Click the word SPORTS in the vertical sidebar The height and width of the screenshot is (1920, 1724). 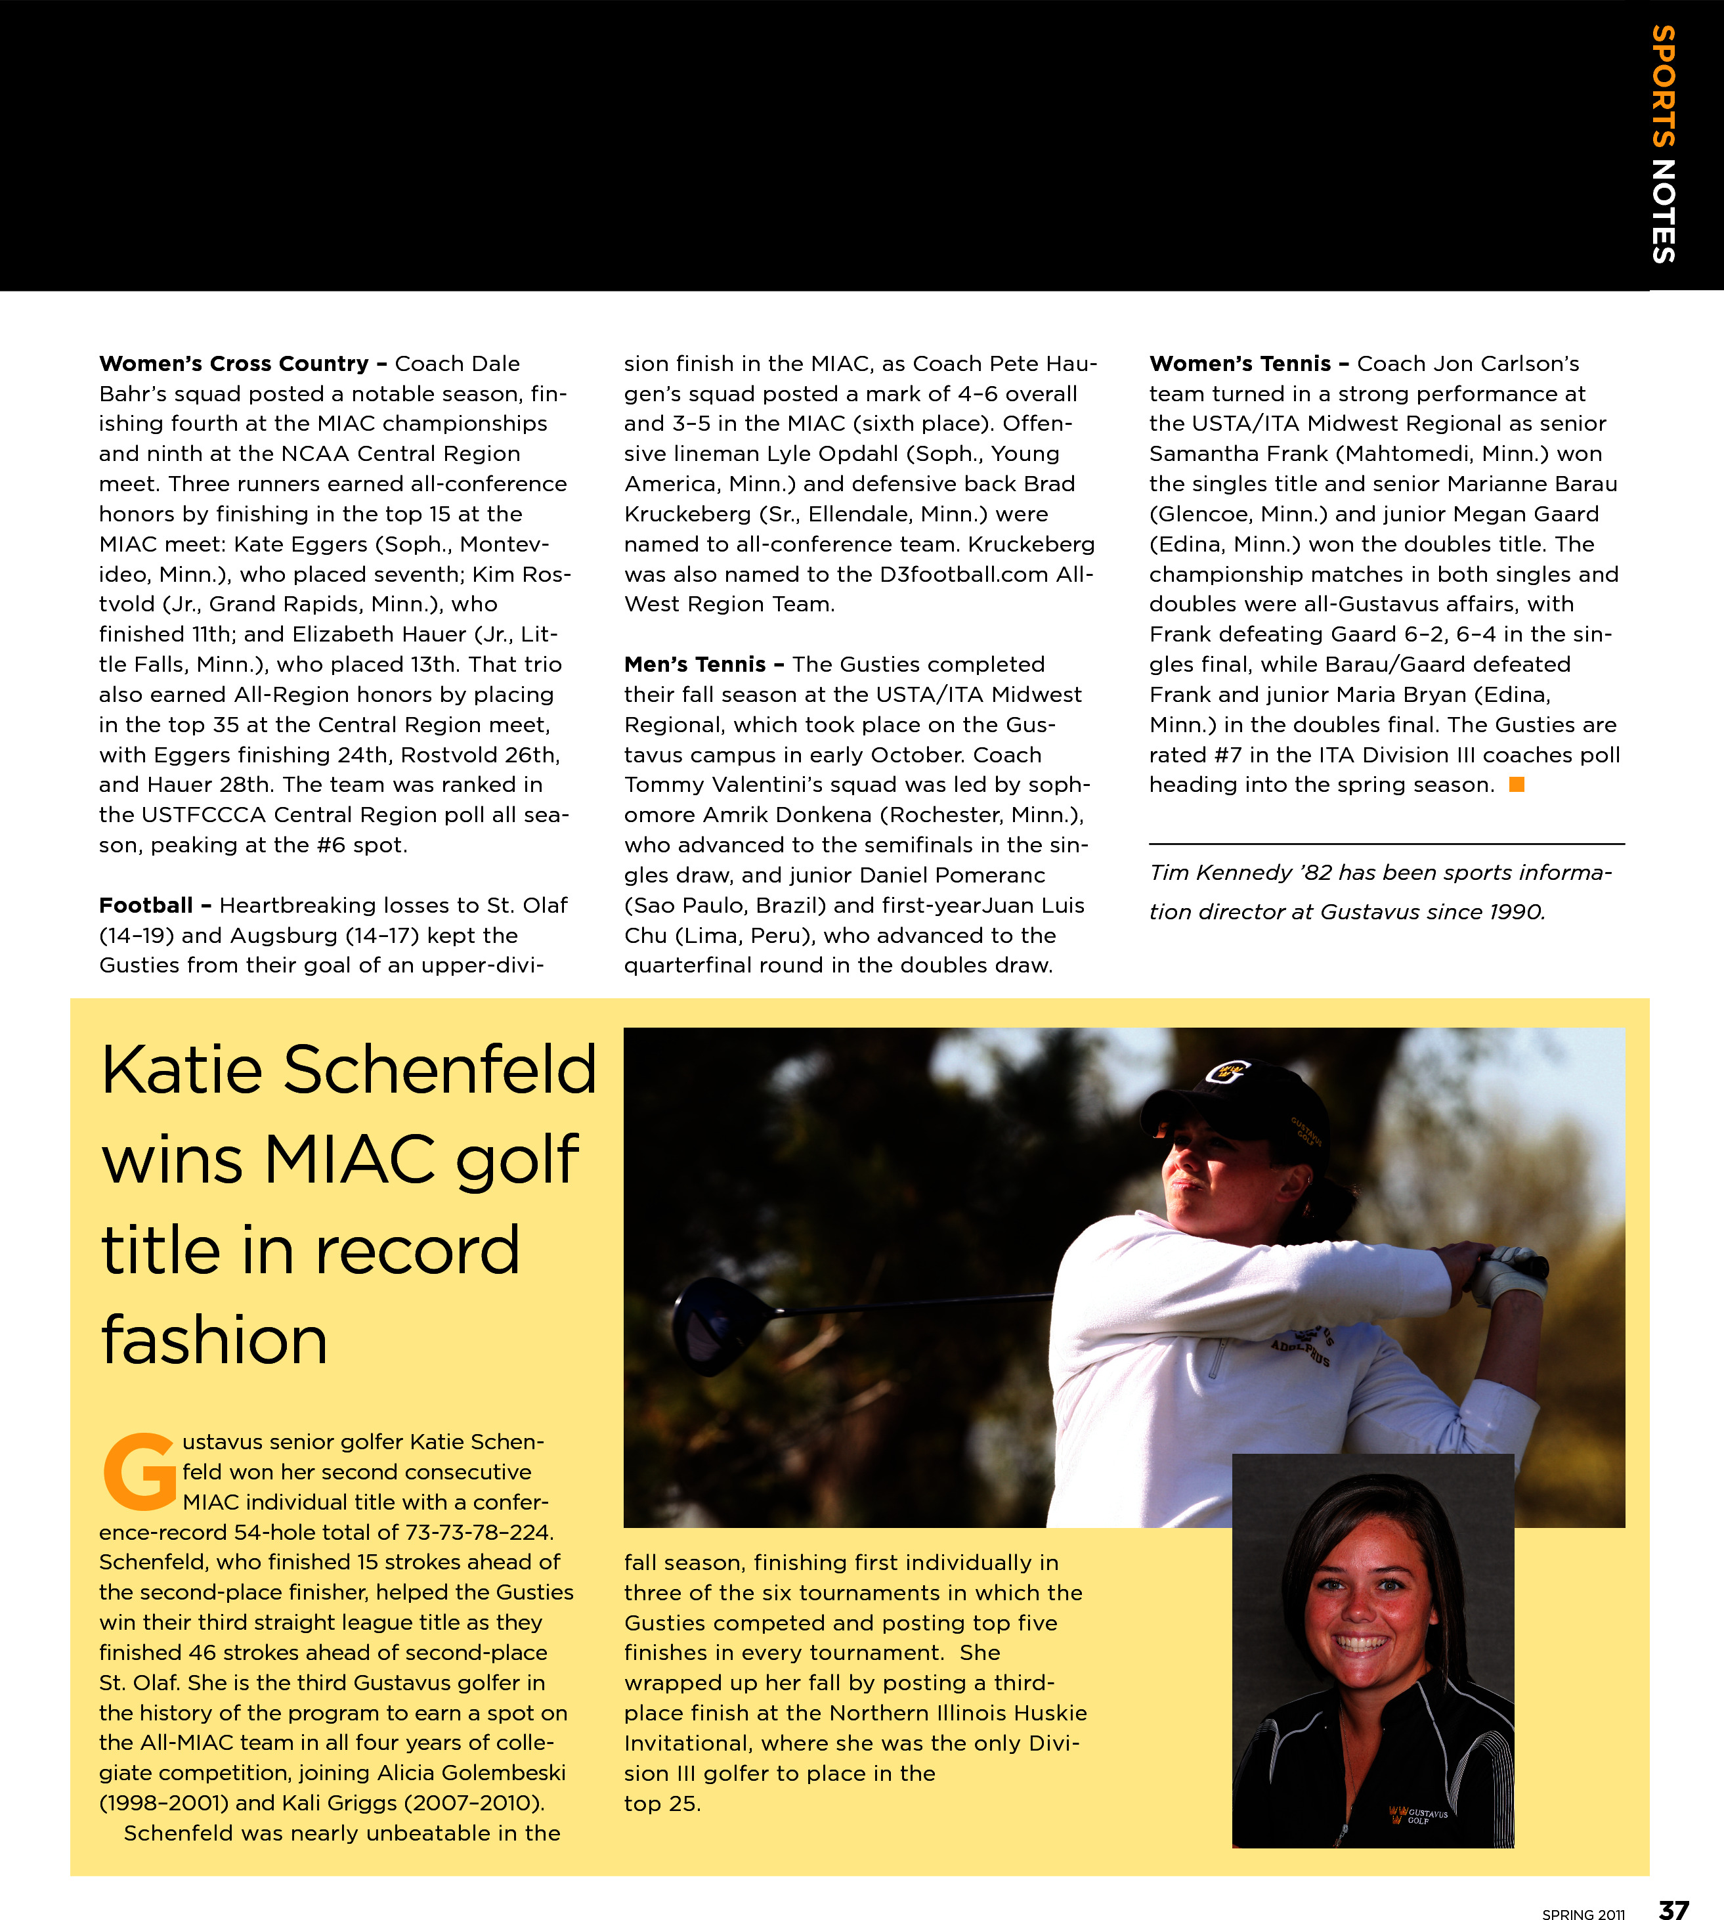1664,86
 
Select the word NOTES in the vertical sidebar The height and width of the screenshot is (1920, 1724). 1664,210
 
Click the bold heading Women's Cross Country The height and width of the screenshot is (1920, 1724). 234,364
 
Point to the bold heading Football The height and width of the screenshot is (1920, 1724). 146,905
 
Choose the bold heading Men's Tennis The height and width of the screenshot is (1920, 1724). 695,664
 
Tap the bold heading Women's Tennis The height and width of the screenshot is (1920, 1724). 1240,364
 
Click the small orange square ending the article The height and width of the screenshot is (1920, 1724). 1517,784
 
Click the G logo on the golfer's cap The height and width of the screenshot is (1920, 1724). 1230,1074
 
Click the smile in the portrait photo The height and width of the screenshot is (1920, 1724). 1360,1642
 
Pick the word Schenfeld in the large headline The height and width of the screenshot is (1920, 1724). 441,1070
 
